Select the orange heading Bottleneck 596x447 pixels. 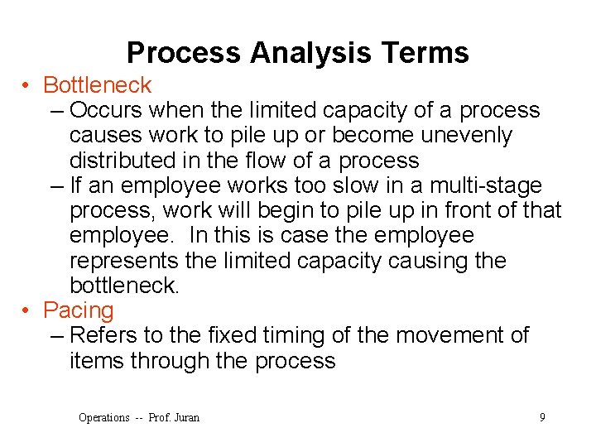[x=97, y=85]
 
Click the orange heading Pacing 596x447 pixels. [x=78, y=310]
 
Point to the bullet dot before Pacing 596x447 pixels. [x=27, y=310]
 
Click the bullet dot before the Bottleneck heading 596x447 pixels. [x=27, y=85]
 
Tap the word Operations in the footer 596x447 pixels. [x=103, y=417]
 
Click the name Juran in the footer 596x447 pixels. [x=186, y=417]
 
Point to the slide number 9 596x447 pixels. [x=542, y=417]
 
